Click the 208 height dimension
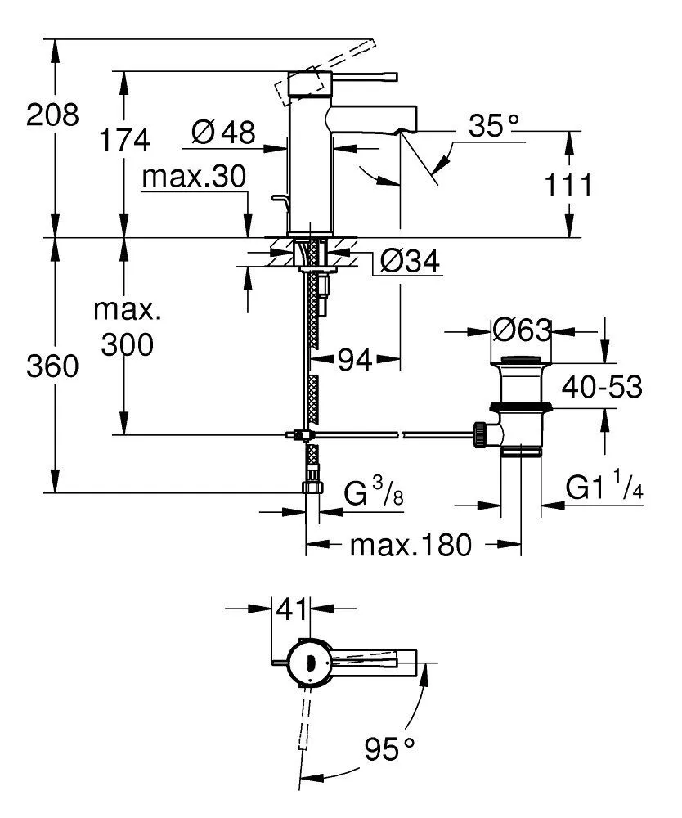point(53,115)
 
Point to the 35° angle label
point(494,126)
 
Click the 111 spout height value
point(568,186)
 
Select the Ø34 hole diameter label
point(411,262)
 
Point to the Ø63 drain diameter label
point(522,330)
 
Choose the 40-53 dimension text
point(601,388)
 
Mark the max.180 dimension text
point(411,545)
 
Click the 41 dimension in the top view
point(292,609)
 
